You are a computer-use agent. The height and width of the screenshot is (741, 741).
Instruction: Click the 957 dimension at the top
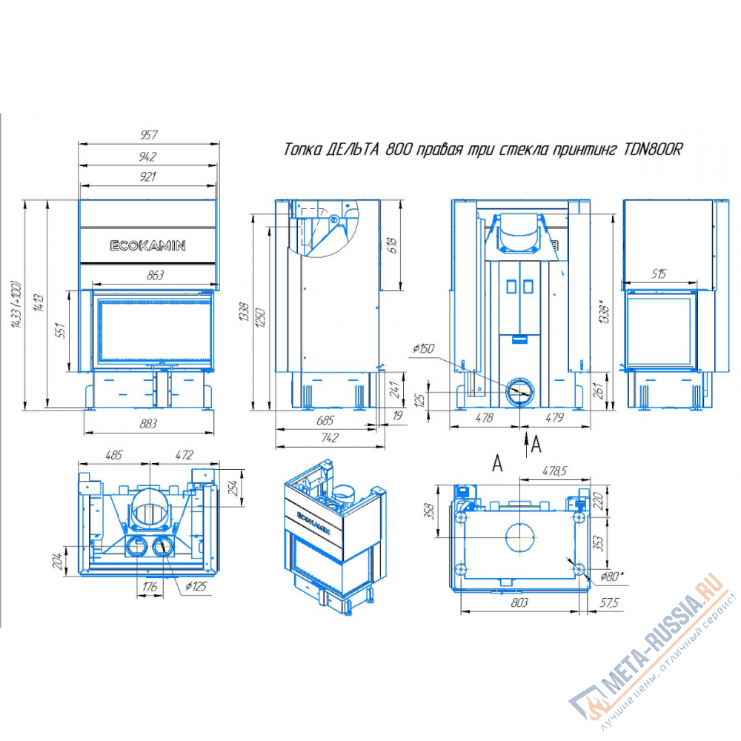pyautogui.click(x=148, y=135)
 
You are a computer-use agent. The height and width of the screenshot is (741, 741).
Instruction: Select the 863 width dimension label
pyautogui.click(x=155, y=276)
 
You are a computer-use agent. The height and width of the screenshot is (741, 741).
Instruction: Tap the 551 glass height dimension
pyautogui.click(x=61, y=330)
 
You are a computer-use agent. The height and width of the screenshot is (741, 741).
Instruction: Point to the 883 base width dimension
pyautogui.click(x=148, y=424)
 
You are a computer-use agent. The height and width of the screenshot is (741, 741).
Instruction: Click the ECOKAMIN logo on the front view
pyautogui.click(x=147, y=246)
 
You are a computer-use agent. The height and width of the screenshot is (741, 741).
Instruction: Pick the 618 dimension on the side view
pyautogui.click(x=392, y=245)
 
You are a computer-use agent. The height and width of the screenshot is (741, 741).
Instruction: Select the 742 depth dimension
pyautogui.click(x=330, y=438)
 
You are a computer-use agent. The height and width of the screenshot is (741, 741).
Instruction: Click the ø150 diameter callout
pyautogui.click(x=423, y=349)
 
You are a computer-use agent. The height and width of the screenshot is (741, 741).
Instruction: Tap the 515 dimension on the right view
pyautogui.click(x=658, y=273)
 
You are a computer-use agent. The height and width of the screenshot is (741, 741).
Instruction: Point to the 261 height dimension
pyautogui.click(x=599, y=391)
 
